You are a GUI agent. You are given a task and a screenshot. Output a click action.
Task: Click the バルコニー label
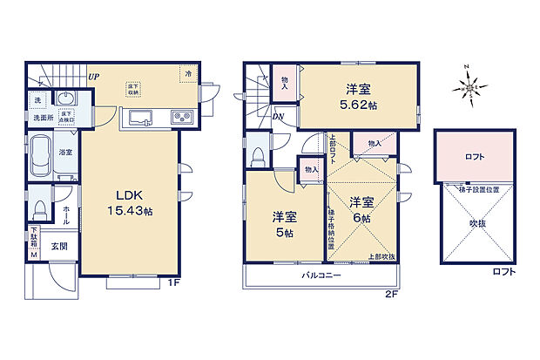[x=321, y=275]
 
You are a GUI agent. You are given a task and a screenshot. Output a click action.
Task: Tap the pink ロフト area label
[x=475, y=158]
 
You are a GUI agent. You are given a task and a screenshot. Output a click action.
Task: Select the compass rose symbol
[x=471, y=86]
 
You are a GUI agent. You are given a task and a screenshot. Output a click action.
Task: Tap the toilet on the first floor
[x=39, y=210]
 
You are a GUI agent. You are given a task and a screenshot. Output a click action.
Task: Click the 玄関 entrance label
[x=57, y=247]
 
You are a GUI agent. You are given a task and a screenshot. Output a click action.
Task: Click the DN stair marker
[x=278, y=117]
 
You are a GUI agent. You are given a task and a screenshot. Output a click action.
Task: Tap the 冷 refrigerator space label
[x=187, y=74]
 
